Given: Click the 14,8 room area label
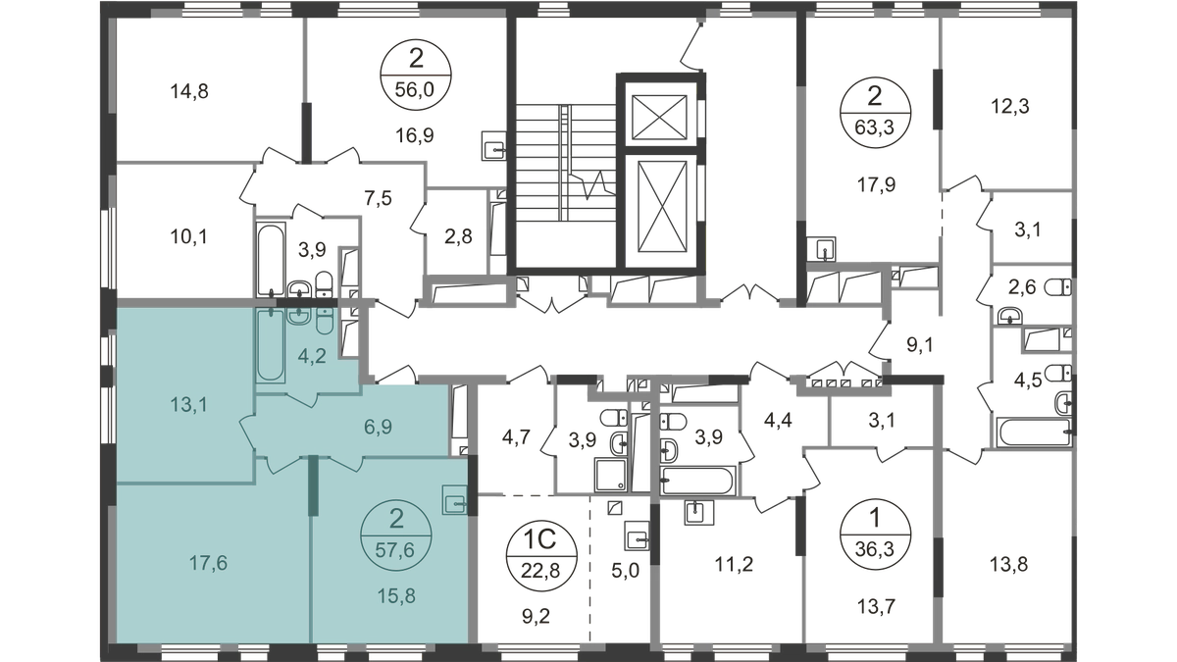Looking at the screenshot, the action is [189, 92].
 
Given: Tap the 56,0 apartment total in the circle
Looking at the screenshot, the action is [415, 90].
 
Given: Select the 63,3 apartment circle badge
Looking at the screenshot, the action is [875, 112].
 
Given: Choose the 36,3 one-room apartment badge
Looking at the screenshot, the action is [875, 534].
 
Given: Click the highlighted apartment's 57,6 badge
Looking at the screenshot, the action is [395, 535].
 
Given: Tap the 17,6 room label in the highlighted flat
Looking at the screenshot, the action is [208, 564].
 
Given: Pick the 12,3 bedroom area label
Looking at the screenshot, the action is [1010, 107].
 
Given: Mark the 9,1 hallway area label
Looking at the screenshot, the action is [920, 345].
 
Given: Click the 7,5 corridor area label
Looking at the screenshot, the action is [379, 198].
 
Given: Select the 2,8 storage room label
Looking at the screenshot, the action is [458, 237].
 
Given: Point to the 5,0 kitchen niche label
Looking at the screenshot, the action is [626, 570].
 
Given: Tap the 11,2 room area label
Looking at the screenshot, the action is [734, 565].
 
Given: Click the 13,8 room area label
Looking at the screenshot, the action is [1009, 565].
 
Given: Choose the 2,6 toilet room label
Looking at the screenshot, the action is [1022, 287].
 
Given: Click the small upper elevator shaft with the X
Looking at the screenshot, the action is [659, 117].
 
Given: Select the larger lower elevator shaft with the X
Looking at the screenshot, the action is [663, 206].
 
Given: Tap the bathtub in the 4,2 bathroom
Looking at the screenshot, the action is [271, 344].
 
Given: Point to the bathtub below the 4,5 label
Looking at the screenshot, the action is [1034, 433].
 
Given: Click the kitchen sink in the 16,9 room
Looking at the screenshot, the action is [493, 146].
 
